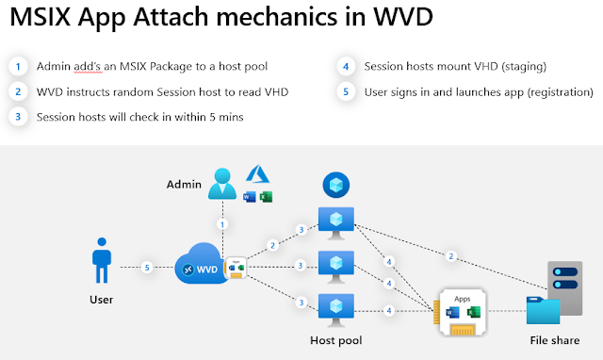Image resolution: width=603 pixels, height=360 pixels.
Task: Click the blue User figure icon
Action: pyautogui.click(x=102, y=260)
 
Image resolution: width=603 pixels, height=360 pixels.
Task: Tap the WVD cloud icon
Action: pyautogui.click(x=201, y=264)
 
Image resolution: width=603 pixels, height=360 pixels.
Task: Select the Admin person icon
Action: pyautogui.click(x=222, y=184)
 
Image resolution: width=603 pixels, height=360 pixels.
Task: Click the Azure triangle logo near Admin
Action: pyautogui.click(x=257, y=173)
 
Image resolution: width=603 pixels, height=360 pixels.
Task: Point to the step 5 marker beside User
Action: pyautogui.click(x=147, y=268)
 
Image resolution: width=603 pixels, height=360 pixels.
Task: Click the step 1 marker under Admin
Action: pyautogui.click(x=222, y=224)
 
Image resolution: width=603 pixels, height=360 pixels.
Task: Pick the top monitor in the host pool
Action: pyautogui.click(x=336, y=223)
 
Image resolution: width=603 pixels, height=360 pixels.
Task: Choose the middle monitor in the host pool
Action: pyautogui.click(x=336, y=267)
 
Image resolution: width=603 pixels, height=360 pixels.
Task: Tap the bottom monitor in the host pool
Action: pyautogui.click(x=336, y=310)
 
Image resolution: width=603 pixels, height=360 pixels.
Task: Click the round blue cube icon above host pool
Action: pyautogui.click(x=336, y=185)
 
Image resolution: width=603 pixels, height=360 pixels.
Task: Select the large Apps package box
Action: pyautogui.click(x=461, y=312)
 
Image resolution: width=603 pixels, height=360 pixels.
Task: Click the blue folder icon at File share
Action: pyautogui.click(x=543, y=310)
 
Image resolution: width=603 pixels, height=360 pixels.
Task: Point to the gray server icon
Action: pyautogui.click(x=565, y=288)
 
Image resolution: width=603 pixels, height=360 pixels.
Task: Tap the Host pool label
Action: pyautogui.click(x=336, y=340)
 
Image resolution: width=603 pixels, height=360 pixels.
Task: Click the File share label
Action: pyautogui.click(x=555, y=340)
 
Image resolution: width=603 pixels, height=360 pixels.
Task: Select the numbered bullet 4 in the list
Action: pyautogui.click(x=346, y=67)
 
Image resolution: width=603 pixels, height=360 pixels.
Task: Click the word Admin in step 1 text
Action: pyautogui.click(x=54, y=66)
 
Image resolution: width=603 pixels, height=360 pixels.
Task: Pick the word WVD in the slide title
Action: pyautogui.click(x=403, y=17)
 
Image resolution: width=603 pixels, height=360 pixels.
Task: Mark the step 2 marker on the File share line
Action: pyautogui.click(x=451, y=256)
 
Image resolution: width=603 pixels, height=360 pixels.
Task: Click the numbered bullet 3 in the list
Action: pyautogui.click(x=18, y=117)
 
